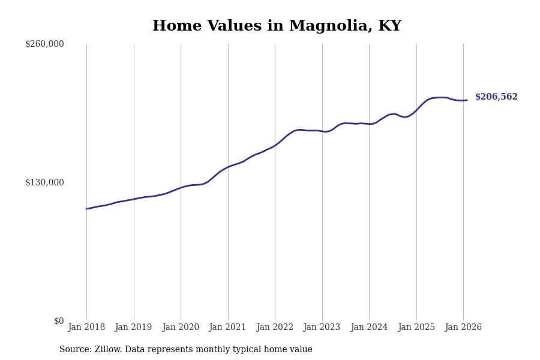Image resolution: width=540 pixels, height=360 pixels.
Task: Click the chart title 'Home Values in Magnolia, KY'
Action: pyautogui.click(x=277, y=26)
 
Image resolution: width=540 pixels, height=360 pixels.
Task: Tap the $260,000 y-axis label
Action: pyautogui.click(x=44, y=44)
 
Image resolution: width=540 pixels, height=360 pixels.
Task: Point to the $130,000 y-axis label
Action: pyautogui.click(x=44, y=182)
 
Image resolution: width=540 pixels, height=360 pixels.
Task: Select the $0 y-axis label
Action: pyautogui.click(x=59, y=321)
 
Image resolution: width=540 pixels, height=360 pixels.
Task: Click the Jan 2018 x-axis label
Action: pyautogui.click(x=86, y=328)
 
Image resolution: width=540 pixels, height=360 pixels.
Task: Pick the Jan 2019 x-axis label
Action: pyautogui.click(x=134, y=328)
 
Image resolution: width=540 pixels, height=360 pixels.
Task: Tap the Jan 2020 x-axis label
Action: pyautogui.click(x=181, y=328)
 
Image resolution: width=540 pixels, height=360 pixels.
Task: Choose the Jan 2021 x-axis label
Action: pyautogui.click(x=228, y=328)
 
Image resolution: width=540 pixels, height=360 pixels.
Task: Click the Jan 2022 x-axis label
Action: pyautogui.click(x=275, y=328)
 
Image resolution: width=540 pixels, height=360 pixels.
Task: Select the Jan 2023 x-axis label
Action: pyautogui.click(x=322, y=328)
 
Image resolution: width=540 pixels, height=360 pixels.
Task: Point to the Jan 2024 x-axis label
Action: pyautogui.click(x=369, y=328)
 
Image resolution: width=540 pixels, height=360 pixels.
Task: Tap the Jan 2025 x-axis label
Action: pyautogui.click(x=416, y=328)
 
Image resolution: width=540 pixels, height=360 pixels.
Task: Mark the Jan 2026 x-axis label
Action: pyautogui.click(x=463, y=328)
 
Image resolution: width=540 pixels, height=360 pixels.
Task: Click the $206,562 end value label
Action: pyautogui.click(x=496, y=97)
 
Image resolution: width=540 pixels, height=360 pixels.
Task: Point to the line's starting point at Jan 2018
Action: pyautogui.click(x=86, y=209)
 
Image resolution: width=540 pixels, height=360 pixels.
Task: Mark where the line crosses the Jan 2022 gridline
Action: pyautogui.click(x=275, y=145)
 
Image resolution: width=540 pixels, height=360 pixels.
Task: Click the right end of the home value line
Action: pyautogui.click(x=467, y=100)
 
